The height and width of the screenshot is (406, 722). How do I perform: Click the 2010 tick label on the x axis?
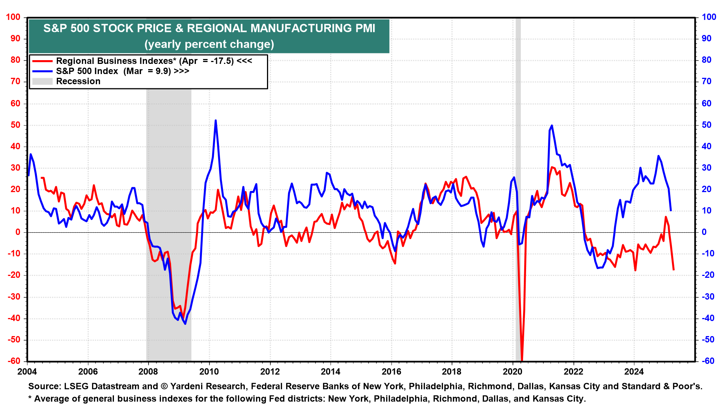[209, 372]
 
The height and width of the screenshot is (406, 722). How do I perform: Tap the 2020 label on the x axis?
[513, 372]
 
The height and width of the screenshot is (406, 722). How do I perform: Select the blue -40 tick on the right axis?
[708, 318]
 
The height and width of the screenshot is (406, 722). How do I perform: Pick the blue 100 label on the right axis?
[709, 17]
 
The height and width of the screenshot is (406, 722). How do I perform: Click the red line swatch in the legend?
[42, 61]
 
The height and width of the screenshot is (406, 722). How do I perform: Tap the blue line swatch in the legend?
[42, 71]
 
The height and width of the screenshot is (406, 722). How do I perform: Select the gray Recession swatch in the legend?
[42, 81]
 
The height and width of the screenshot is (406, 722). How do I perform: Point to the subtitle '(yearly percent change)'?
[209, 44]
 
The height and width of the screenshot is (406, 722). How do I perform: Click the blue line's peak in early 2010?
[215, 121]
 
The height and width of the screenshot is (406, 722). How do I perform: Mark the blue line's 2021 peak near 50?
[552, 126]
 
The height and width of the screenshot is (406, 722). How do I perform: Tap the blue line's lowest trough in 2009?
[185, 324]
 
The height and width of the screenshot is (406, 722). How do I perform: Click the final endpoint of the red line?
[673, 270]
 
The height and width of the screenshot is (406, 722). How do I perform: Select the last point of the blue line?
[671, 211]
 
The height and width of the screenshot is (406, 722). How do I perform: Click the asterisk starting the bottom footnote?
[30, 398]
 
